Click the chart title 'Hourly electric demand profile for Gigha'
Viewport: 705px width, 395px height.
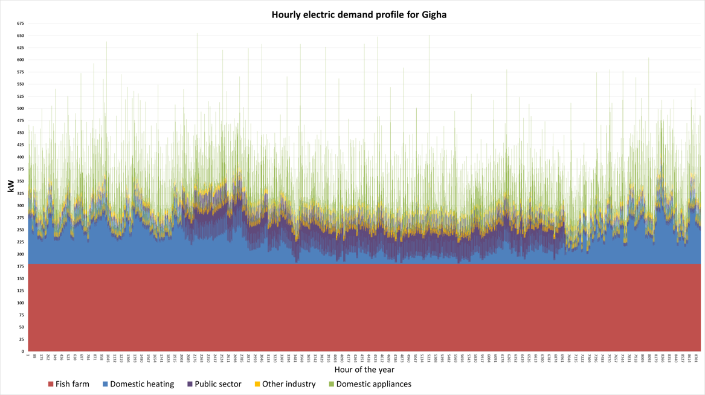(359, 14)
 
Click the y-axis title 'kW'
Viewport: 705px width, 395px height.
(10, 187)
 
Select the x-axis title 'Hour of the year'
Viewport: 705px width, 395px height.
(364, 369)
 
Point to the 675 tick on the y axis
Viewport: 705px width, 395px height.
(21, 24)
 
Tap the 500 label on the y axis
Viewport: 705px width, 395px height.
(21, 109)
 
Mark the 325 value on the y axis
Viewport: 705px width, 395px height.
(21, 193)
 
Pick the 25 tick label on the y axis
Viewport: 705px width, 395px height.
(22, 339)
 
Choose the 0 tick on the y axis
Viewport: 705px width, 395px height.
(23, 352)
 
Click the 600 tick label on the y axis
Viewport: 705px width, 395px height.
(21, 60)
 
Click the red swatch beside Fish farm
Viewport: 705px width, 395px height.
(51, 384)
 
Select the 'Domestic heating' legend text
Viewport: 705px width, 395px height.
(142, 384)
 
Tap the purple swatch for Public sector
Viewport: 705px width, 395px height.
(190, 384)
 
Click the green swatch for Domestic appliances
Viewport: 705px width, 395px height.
(331, 384)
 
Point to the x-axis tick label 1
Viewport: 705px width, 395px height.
(28, 356)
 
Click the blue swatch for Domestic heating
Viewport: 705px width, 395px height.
(106, 384)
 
